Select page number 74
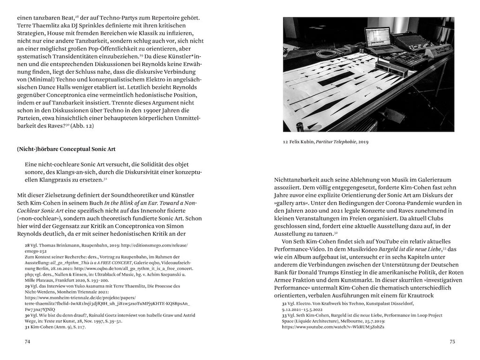click(x=27, y=342)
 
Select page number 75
click(x=452, y=342)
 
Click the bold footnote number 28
click(x=27, y=245)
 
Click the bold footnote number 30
click(x=27, y=315)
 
